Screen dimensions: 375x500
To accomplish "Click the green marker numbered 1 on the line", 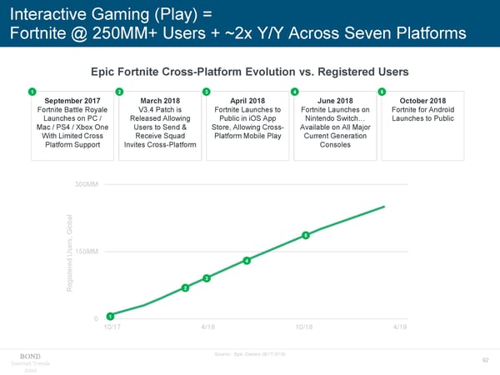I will click(110, 315).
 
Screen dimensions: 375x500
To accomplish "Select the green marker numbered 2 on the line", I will click(184, 288).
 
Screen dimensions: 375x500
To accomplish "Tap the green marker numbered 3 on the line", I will click(206, 277).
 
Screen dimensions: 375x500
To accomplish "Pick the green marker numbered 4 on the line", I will click(247, 261).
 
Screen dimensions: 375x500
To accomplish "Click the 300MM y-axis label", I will click(87, 183).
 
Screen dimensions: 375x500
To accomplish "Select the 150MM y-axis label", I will click(87, 252).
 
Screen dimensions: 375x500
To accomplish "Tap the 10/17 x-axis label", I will click(110, 328).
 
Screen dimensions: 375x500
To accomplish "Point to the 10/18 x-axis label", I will click(304, 328).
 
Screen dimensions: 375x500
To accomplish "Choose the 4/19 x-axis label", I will click(400, 328).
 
